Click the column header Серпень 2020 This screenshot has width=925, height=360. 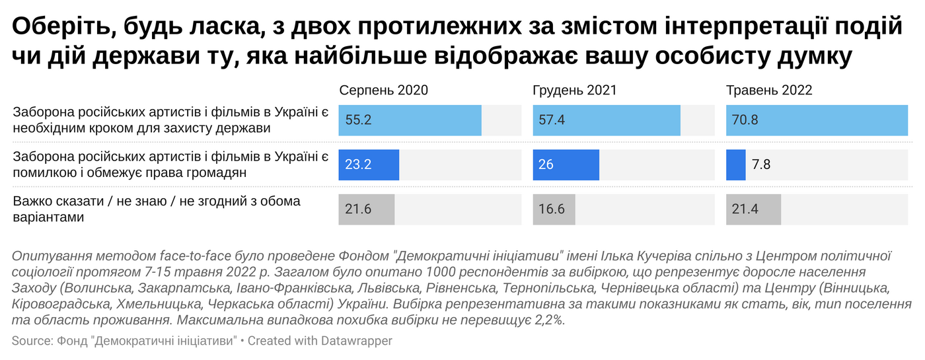(x=383, y=90)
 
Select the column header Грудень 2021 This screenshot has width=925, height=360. (x=574, y=90)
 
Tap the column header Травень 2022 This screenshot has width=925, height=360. (x=769, y=90)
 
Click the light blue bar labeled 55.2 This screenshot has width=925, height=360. (x=410, y=120)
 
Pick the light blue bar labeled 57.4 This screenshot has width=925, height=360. (x=607, y=120)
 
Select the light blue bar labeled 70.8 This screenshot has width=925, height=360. (x=817, y=120)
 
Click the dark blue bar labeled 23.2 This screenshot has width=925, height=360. (x=369, y=164)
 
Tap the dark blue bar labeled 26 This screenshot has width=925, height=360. (x=566, y=164)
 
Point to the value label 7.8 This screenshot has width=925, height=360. (x=761, y=164)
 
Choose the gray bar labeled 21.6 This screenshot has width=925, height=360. (x=366, y=209)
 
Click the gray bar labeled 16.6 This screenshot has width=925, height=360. (x=554, y=209)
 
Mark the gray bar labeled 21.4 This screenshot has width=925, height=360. (x=753, y=209)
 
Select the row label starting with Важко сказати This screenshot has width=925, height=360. (x=157, y=209)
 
